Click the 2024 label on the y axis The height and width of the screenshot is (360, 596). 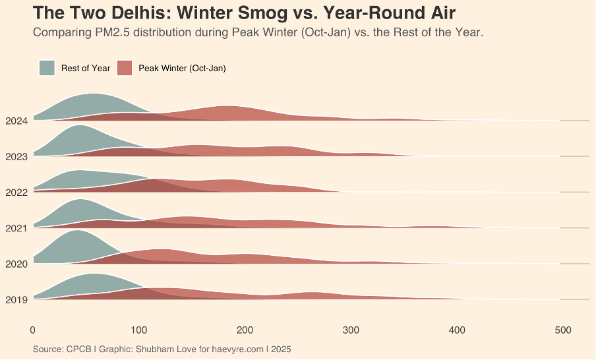pyautogui.click(x=16, y=121)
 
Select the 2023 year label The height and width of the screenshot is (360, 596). pyautogui.click(x=16, y=156)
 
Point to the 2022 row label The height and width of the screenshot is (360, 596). pyautogui.click(x=16, y=193)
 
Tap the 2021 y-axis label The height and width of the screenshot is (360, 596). pyautogui.click(x=16, y=228)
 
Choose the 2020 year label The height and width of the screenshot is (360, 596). pyautogui.click(x=16, y=264)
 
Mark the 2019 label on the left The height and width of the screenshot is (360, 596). pyautogui.click(x=16, y=300)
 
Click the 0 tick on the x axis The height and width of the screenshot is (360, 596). pyautogui.click(x=33, y=330)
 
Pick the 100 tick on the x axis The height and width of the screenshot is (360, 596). pyautogui.click(x=139, y=330)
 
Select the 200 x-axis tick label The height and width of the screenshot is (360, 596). pyautogui.click(x=245, y=330)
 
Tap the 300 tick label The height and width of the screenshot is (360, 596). pyautogui.click(x=351, y=330)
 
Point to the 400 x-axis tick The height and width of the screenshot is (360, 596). pyautogui.click(x=457, y=330)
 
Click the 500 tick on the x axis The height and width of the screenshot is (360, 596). pyautogui.click(x=562, y=330)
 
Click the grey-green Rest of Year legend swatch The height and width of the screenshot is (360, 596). pyautogui.click(x=47, y=68)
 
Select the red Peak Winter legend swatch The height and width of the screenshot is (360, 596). pyautogui.click(x=125, y=68)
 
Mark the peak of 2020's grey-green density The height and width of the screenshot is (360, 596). pyautogui.click(x=76, y=231)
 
